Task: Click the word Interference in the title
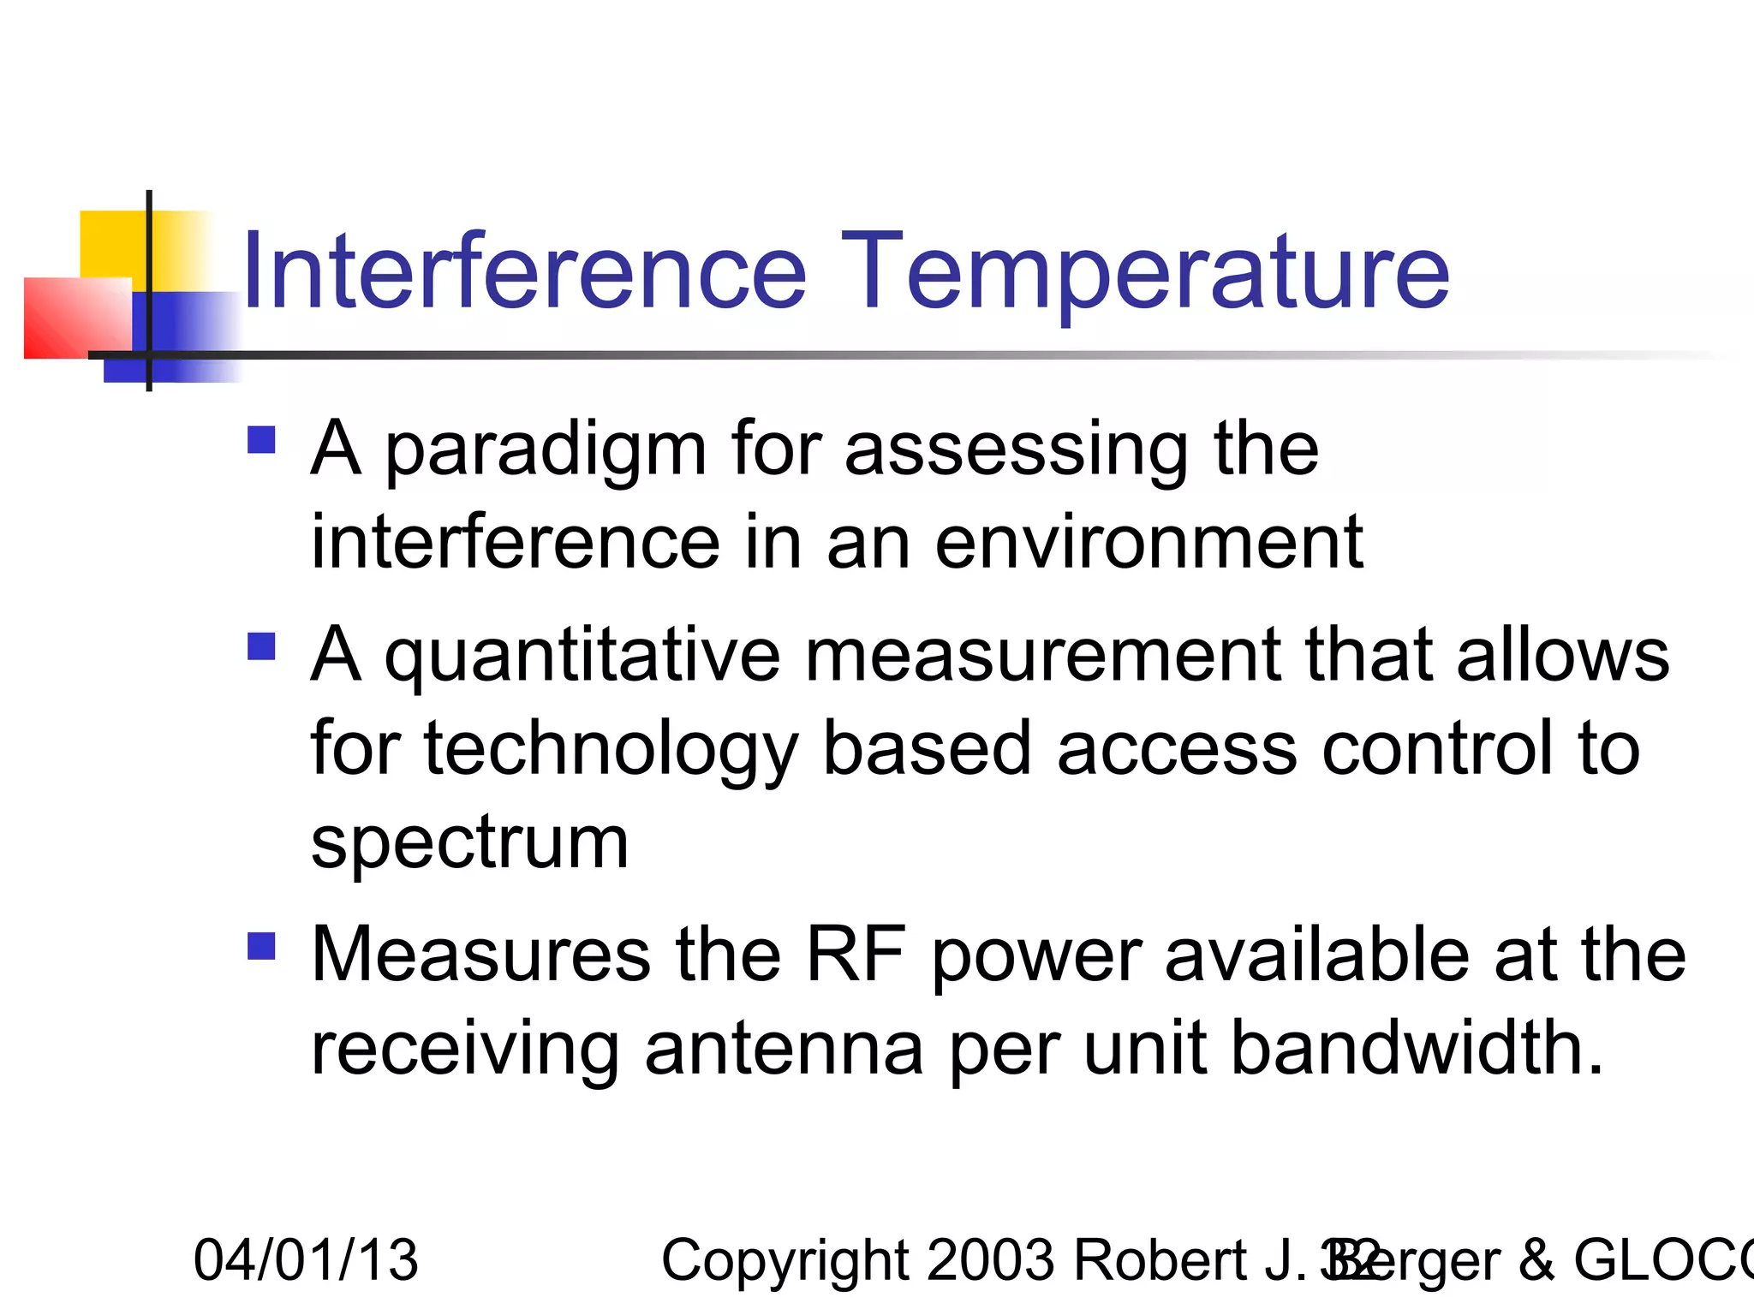(x=524, y=272)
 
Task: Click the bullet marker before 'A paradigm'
(x=261, y=440)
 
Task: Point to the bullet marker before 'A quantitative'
(x=261, y=646)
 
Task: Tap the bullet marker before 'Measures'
(x=261, y=946)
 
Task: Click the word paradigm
(x=546, y=451)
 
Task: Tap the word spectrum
(x=469, y=843)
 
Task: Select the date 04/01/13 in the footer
(x=306, y=1260)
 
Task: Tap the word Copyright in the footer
(x=784, y=1260)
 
